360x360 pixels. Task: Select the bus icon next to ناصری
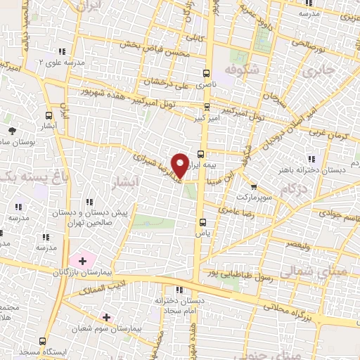(206, 73)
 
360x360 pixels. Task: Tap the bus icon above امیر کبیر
(206, 107)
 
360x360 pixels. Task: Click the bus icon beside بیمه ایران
(201, 155)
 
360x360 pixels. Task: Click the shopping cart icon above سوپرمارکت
(253, 188)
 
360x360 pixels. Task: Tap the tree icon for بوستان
(12, 131)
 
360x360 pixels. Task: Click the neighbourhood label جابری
(316, 71)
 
